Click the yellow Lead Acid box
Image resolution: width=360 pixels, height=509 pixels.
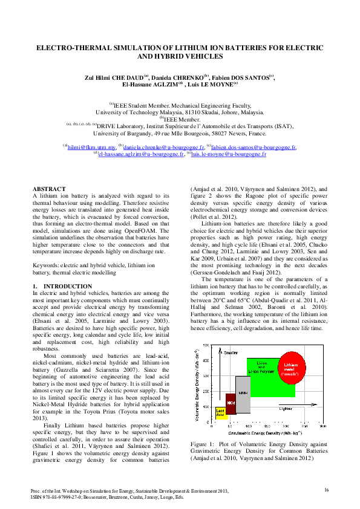[221, 413]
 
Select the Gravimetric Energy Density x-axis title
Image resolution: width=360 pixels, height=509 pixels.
[258, 433]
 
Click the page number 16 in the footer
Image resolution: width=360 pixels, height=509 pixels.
[326, 489]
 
